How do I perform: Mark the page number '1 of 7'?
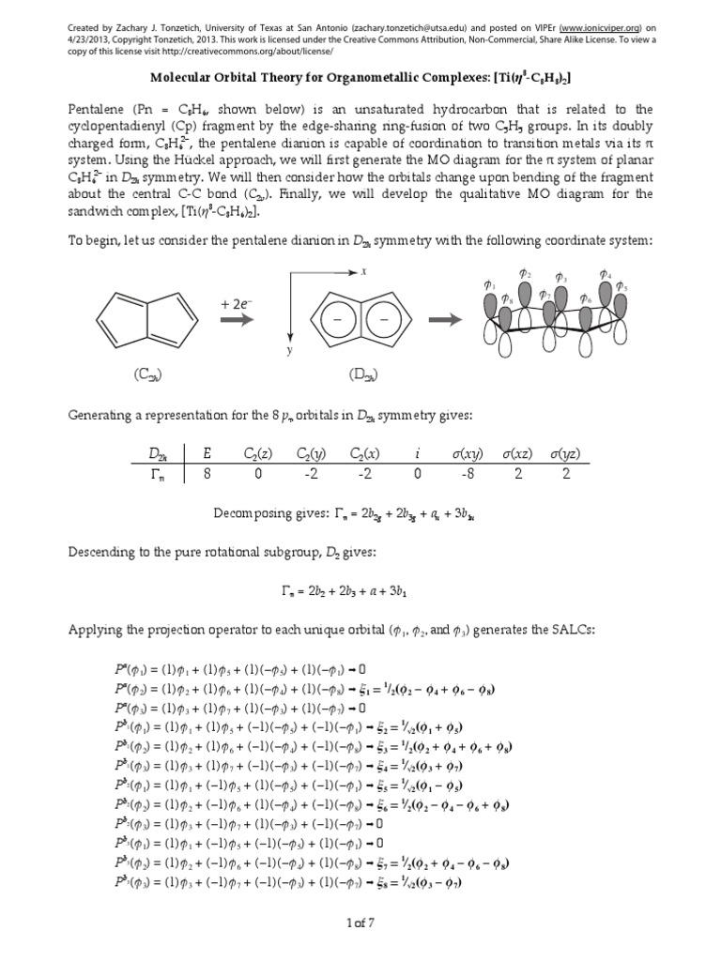click(x=360, y=925)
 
